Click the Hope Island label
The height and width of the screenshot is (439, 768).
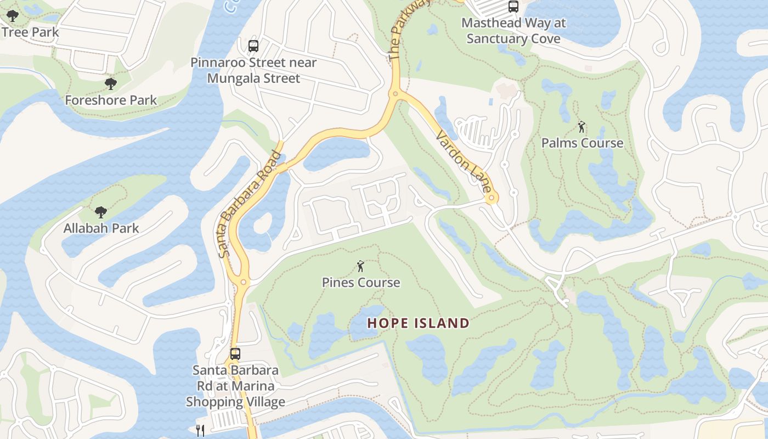[418, 323]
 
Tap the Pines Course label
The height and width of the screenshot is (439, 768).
[360, 283]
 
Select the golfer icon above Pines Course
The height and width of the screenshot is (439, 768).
[360, 267]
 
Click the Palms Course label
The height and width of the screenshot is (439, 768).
[582, 143]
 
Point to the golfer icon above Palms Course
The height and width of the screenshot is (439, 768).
[581, 127]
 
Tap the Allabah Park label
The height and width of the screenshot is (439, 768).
[101, 228]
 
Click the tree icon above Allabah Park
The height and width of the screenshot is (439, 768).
[100, 212]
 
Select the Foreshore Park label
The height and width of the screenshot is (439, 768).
[111, 100]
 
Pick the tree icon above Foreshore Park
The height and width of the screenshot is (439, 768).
[111, 84]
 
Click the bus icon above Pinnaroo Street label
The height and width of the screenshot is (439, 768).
[253, 46]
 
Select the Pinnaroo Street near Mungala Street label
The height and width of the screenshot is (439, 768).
[253, 70]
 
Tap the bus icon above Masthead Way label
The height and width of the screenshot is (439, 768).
[513, 7]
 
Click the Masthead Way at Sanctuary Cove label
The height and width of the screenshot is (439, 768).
[513, 31]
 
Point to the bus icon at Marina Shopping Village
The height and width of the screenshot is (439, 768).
[235, 354]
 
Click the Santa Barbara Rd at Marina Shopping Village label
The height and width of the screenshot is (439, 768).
[235, 386]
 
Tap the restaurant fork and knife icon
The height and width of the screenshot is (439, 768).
[200, 430]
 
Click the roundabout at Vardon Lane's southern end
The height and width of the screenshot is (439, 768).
[492, 198]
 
